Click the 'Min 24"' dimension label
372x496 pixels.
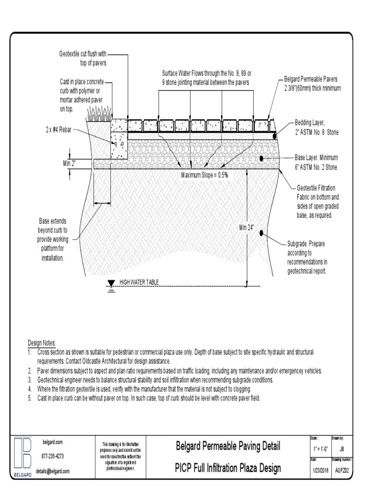[x=247, y=228]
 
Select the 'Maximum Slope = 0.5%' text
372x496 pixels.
[x=204, y=175]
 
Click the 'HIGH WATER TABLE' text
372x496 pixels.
[x=139, y=282]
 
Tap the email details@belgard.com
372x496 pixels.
[x=53, y=471]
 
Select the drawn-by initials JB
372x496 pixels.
[x=342, y=449]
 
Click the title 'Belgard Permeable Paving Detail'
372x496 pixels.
[x=228, y=446]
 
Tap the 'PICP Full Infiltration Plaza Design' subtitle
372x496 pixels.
[x=228, y=468]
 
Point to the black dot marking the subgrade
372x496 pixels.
[x=262, y=233]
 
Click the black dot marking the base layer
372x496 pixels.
[x=262, y=158]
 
